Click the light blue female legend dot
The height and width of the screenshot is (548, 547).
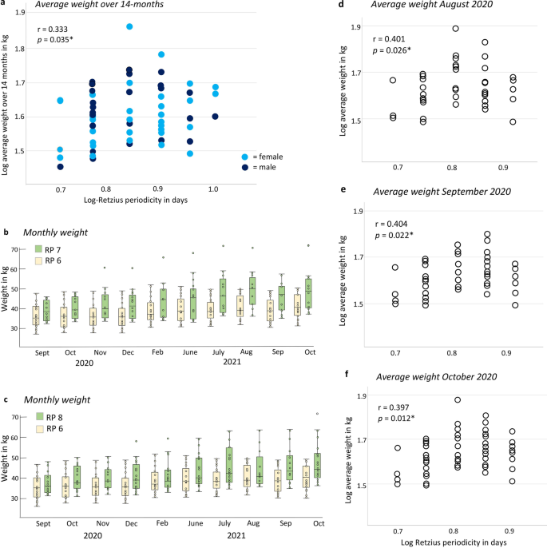pos(245,156)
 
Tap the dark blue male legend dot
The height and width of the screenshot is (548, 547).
pos(245,168)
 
